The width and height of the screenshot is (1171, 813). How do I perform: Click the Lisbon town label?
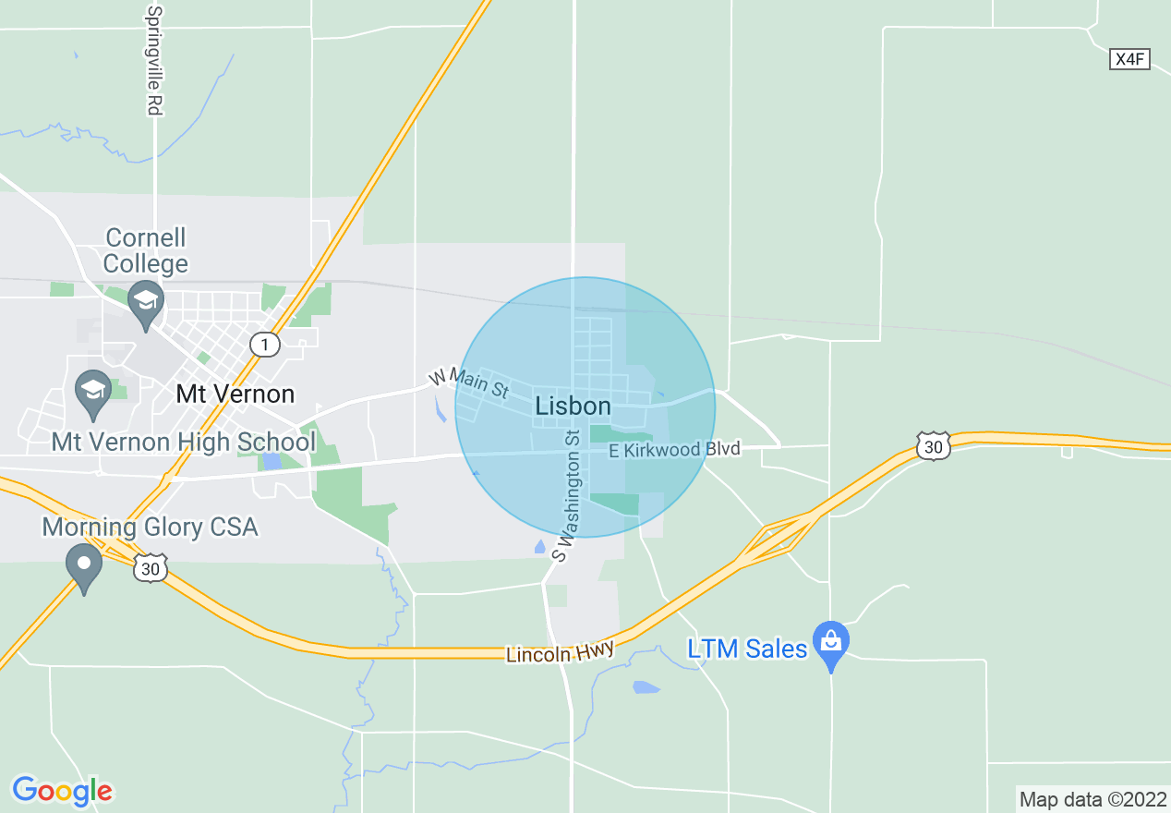573,406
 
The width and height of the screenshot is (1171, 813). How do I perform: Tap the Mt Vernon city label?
235,394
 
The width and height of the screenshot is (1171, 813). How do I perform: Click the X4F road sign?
1129,59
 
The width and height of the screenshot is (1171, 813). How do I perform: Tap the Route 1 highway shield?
265,345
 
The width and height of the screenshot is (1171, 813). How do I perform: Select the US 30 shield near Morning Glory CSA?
151,569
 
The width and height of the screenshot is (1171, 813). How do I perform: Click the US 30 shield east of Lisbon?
933,446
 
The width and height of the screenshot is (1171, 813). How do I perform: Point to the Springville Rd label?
154,61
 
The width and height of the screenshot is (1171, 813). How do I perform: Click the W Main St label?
468,384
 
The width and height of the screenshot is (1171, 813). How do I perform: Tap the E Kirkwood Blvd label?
674,450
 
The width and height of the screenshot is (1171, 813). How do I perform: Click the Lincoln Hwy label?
560,652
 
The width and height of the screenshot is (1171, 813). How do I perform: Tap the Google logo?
62,791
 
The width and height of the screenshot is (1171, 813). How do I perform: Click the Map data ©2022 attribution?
1093,798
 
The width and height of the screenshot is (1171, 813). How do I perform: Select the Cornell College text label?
145,250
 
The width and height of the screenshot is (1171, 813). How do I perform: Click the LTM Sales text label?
747,649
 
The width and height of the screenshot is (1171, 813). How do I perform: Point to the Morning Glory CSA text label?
150,528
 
